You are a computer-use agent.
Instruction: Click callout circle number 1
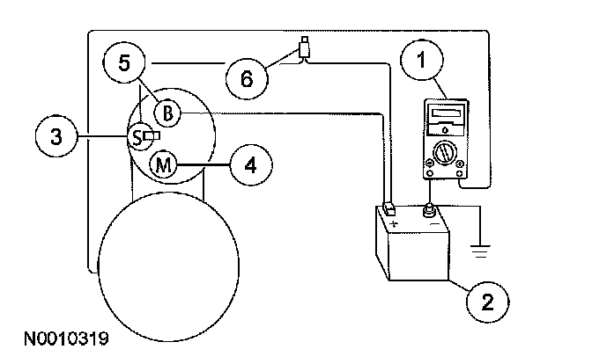[425, 62]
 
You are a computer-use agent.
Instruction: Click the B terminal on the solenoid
[168, 112]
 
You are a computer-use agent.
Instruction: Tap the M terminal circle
[162, 164]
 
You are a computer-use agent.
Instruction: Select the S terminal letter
[137, 136]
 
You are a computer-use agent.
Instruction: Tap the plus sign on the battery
[393, 224]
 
